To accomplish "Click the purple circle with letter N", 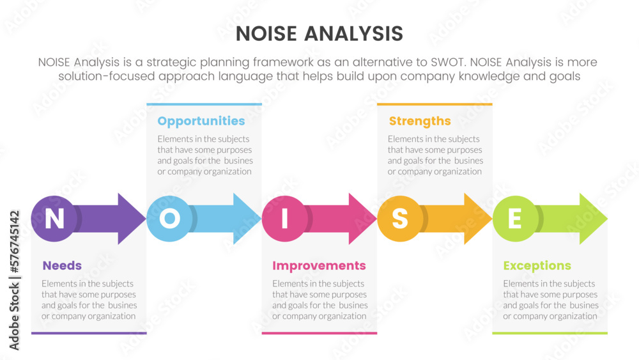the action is (54, 219).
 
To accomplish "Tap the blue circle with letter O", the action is (169, 219).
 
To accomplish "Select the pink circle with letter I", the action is (284, 219).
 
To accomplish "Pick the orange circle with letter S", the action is (400, 219).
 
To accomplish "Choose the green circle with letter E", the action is (515, 219).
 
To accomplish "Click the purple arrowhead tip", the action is (146, 219).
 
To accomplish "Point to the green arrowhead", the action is (593, 219).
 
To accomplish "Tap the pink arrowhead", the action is (362, 219).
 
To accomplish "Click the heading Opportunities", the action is (201, 121).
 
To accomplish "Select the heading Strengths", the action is (420, 121).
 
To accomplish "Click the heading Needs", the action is (62, 265).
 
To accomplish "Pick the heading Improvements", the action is (319, 266).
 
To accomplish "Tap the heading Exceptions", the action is (537, 266).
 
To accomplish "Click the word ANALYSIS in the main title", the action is (354, 34).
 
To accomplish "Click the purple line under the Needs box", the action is (89, 333).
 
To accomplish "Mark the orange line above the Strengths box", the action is (435, 104).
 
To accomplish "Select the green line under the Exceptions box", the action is (550, 333).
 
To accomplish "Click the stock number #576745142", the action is (15, 242).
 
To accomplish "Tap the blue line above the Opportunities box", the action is (204, 104).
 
